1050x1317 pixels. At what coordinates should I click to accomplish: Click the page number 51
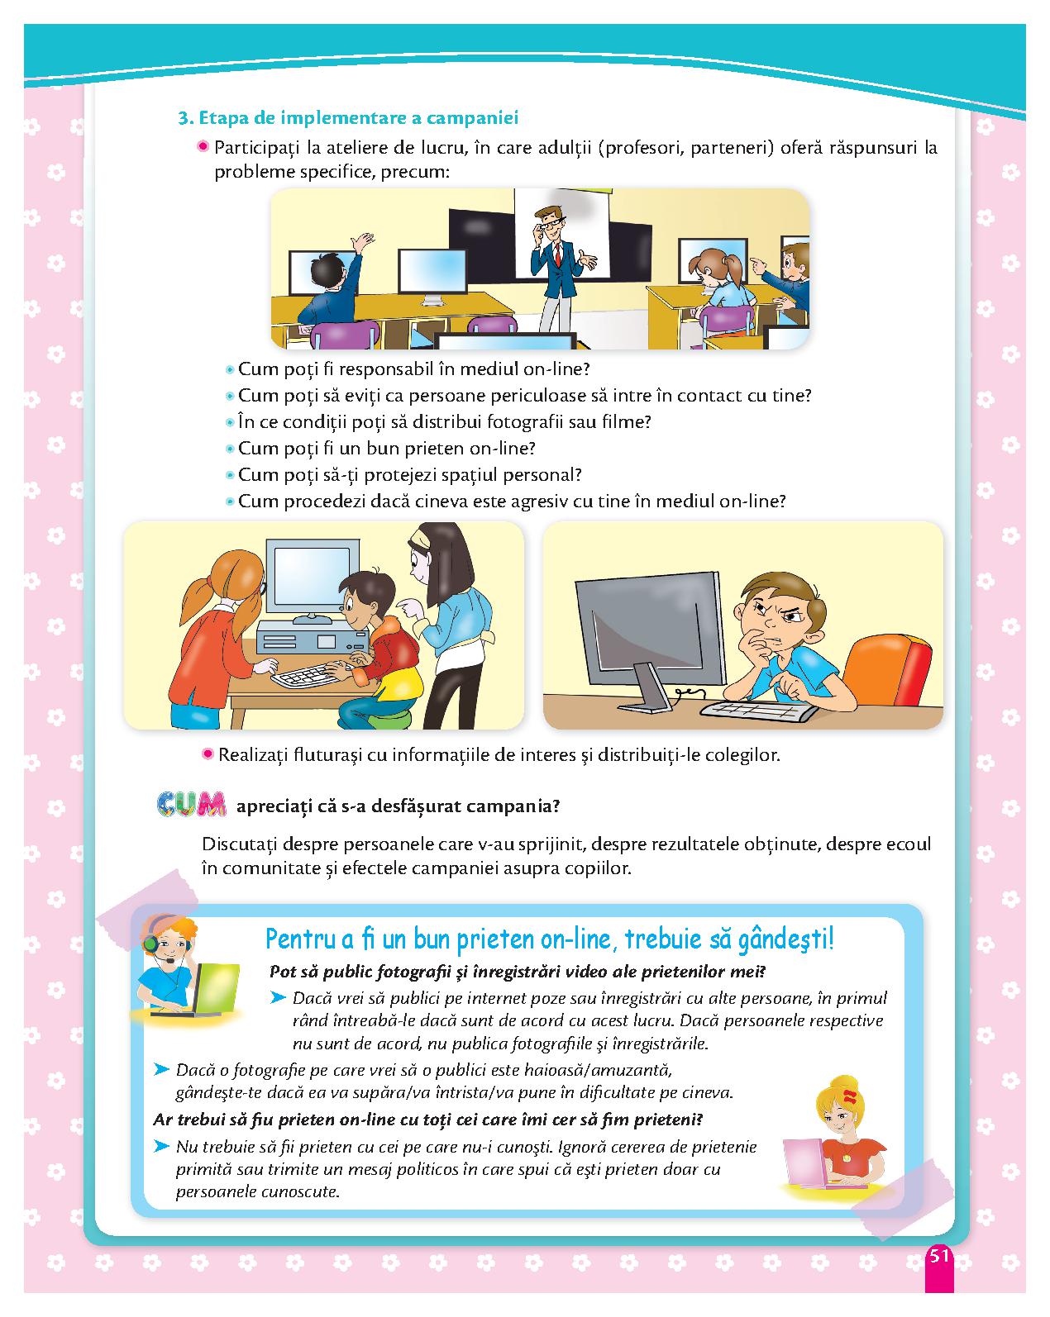[938, 1255]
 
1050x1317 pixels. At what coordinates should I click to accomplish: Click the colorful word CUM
[191, 804]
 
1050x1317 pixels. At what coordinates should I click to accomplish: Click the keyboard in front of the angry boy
[758, 710]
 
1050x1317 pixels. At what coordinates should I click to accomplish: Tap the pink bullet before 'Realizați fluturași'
[208, 754]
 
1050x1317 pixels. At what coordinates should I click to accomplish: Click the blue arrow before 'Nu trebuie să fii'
[161, 1145]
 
